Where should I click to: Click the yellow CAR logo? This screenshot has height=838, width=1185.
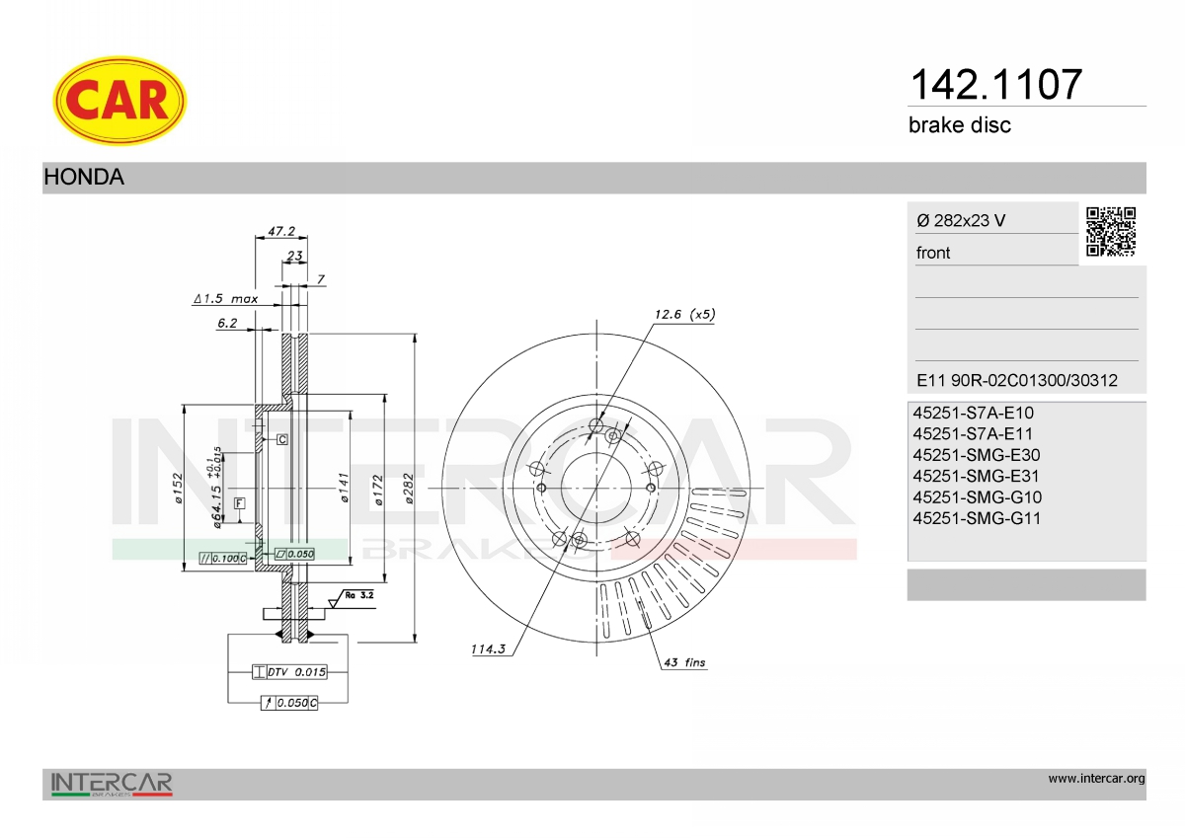[119, 101]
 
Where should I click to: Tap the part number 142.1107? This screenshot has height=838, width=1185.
[996, 85]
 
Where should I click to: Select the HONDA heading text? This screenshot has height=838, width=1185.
[84, 177]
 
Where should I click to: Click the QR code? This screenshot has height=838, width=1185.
[1110, 232]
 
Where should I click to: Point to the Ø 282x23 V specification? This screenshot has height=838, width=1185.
[961, 220]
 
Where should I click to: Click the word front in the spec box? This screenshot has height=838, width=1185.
[932, 253]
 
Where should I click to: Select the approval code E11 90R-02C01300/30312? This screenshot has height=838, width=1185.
[1017, 380]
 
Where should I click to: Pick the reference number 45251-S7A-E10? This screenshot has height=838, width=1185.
[973, 413]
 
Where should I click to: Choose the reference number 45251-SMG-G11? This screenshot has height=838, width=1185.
[977, 518]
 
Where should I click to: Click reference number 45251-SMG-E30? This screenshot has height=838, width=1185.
[976, 455]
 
